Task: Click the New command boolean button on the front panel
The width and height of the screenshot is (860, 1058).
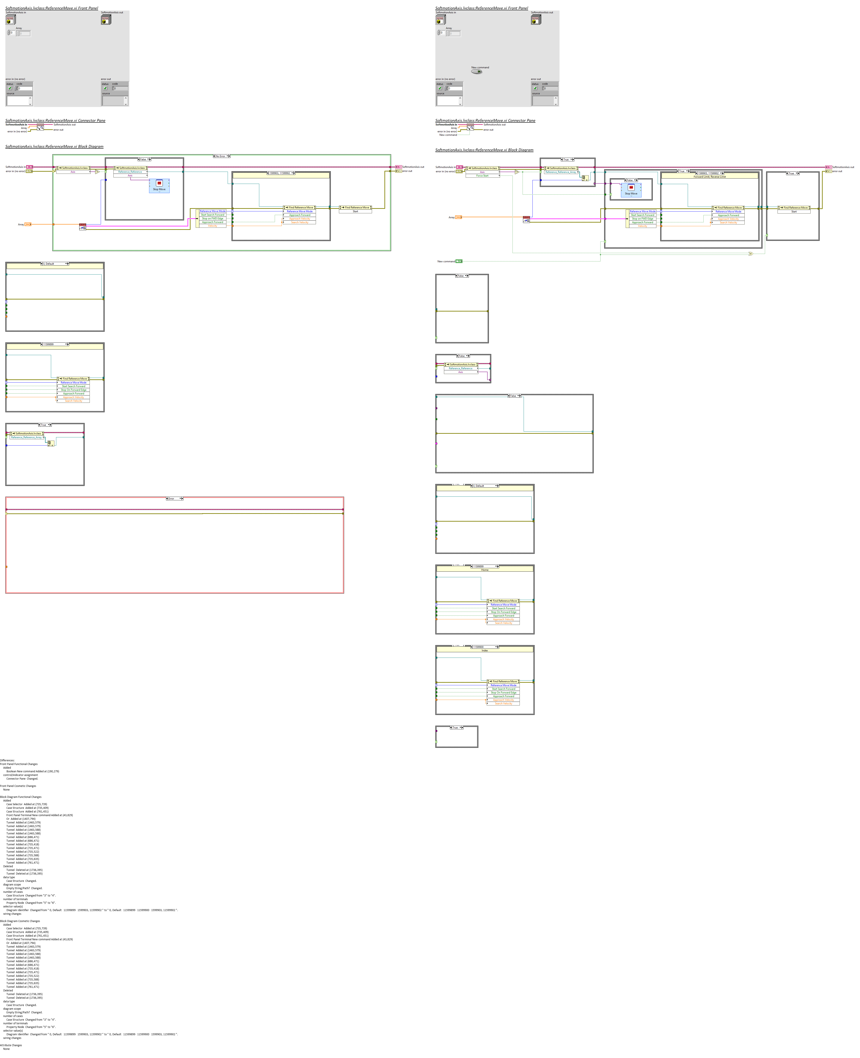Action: tap(477, 71)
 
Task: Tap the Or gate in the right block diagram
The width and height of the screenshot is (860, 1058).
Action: tap(750, 254)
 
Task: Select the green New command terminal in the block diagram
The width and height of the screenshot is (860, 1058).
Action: tap(459, 261)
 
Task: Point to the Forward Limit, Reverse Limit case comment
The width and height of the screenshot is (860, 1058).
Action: tap(709, 176)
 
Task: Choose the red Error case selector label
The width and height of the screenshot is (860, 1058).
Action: tap(174, 499)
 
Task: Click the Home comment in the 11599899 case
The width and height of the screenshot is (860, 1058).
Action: tap(485, 570)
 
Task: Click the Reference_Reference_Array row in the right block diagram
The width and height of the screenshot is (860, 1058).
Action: tap(560, 172)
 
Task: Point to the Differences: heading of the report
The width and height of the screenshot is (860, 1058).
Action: tap(8, 760)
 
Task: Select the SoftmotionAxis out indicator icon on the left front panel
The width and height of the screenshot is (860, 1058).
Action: tap(105, 20)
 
